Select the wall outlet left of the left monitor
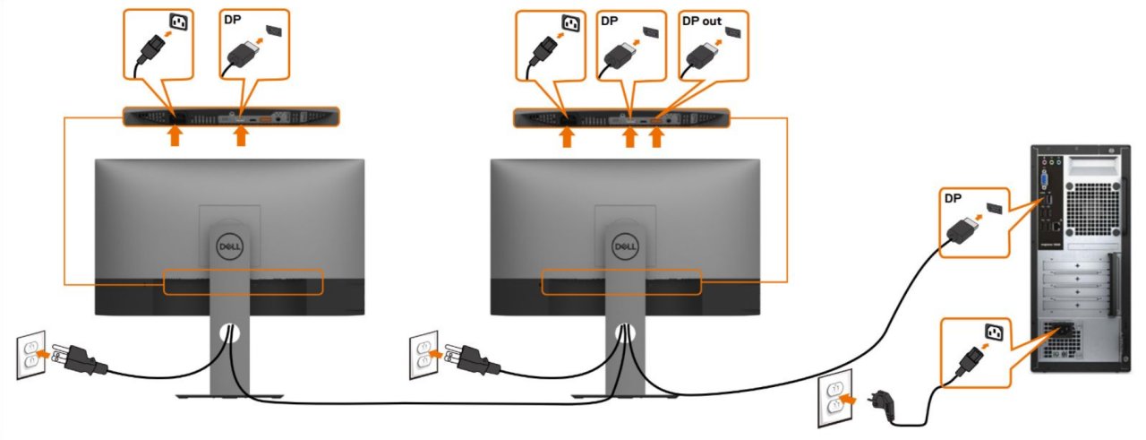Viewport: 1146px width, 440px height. pyautogui.click(x=30, y=354)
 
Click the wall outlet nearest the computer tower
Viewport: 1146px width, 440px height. pyautogui.click(x=832, y=399)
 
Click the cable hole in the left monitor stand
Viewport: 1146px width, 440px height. pyautogui.click(x=229, y=333)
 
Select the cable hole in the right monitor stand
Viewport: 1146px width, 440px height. pyautogui.click(x=624, y=333)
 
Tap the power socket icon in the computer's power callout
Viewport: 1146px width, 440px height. pyautogui.click(x=995, y=334)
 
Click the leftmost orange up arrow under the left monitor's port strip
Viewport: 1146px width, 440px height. pyautogui.click(x=176, y=136)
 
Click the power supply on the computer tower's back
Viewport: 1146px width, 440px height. pyautogui.click(x=1074, y=341)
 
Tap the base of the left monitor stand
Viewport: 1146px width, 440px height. pyautogui.click(x=229, y=395)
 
